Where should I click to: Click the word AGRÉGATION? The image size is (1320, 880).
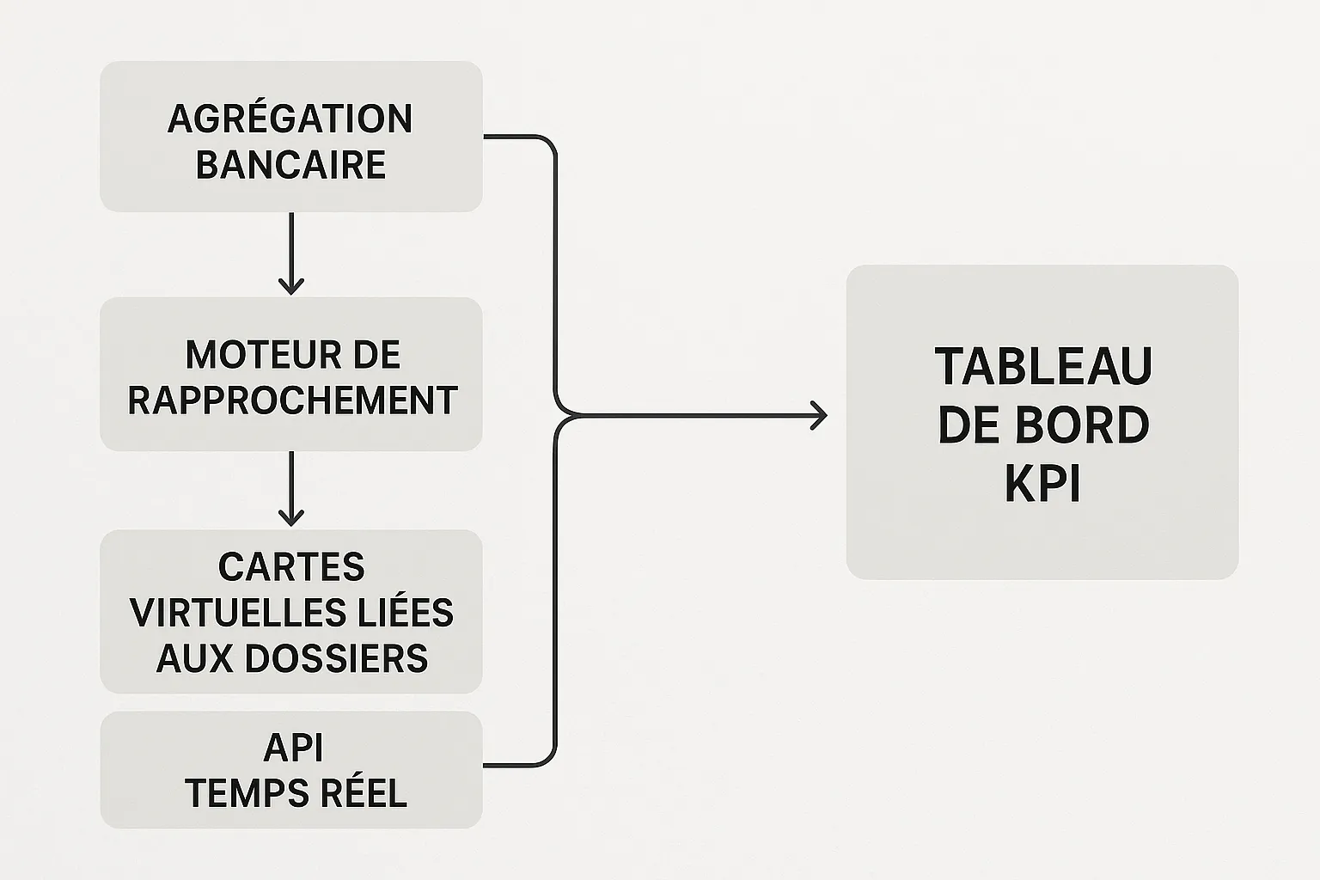click(290, 119)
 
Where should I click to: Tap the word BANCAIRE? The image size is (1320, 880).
click(290, 165)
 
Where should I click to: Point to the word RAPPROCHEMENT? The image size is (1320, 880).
click(292, 400)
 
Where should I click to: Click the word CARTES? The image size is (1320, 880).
click(291, 567)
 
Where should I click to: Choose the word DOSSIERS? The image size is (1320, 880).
click(336, 658)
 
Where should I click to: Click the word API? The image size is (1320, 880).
click(293, 748)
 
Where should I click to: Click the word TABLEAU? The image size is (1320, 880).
click(1043, 367)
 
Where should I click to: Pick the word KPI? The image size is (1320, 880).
click(1042, 484)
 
